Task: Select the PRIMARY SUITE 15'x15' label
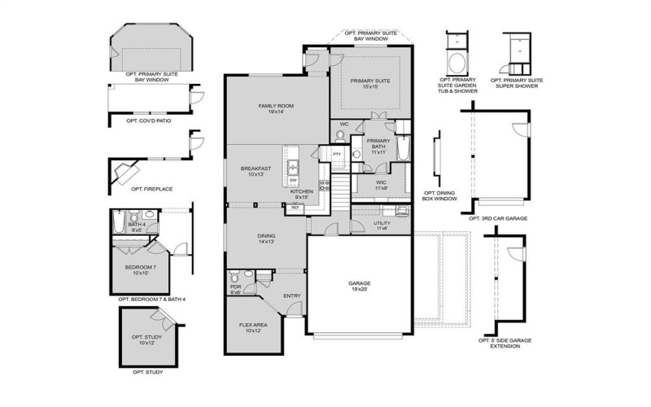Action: click(370, 84)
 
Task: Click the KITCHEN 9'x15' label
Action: click(302, 194)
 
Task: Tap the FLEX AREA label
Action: click(252, 327)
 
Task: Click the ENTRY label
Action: click(291, 295)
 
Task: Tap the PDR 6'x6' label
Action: click(236, 289)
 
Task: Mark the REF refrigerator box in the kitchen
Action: click(294, 208)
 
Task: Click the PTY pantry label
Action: click(336, 152)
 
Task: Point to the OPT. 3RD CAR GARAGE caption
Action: click(498, 219)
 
